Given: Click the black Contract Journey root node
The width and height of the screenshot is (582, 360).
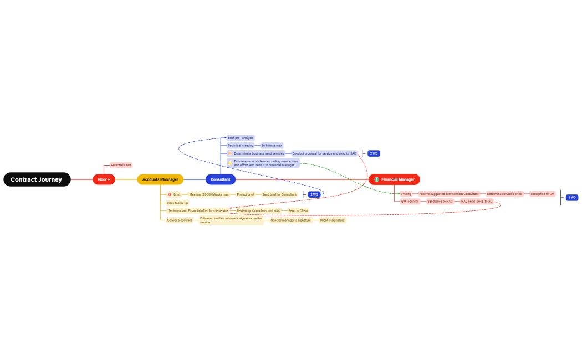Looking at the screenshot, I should point(37,179).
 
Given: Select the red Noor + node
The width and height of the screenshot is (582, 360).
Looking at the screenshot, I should point(104,179).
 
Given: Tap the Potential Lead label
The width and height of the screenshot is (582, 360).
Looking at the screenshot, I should point(121,165).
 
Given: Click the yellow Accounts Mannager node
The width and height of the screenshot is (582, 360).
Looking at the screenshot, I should point(160,179).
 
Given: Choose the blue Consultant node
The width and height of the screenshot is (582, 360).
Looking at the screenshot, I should point(221,179).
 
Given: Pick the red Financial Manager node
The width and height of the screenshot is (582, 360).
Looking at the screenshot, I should point(395,179).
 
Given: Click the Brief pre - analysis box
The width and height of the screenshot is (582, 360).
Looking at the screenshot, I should point(241,138).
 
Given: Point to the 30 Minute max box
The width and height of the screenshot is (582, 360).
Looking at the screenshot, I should point(272,145).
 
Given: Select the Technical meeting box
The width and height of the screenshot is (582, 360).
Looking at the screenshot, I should point(240,145).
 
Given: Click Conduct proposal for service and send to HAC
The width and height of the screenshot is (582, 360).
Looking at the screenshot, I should point(324,153).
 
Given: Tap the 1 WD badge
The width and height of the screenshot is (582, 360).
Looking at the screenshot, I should point(572,198).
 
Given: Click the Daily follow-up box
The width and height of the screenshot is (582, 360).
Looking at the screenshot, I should point(177,203).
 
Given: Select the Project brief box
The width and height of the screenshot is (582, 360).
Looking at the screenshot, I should point(245,194).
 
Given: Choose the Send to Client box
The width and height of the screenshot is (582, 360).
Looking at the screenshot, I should point(298,211).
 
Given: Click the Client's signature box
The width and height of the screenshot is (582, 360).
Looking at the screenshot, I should point(332,220).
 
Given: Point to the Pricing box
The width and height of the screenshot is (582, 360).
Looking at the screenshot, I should point(406,194).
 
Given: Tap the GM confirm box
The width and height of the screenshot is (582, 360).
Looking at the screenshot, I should point(410,202).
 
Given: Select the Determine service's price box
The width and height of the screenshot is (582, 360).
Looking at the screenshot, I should point(504,194).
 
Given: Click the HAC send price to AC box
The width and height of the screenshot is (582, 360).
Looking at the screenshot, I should point(477,202).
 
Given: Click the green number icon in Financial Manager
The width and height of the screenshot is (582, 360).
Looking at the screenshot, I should point(377,179).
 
